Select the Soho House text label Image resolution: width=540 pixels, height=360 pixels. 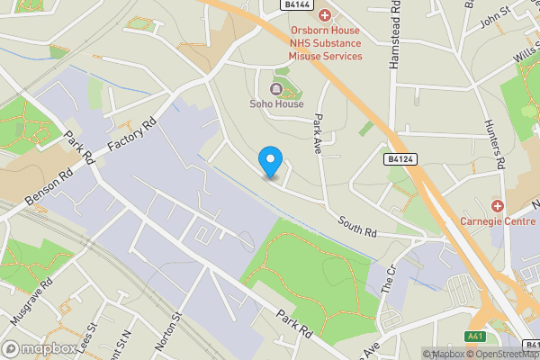pos(276,103)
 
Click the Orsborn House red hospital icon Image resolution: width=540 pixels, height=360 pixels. pos(325,15)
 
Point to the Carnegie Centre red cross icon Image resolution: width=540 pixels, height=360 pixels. pos(497,206)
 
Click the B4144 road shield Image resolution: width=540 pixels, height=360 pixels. pos(297,4)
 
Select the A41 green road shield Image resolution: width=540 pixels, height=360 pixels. pos(476,337)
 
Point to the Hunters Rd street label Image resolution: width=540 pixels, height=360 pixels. pos(497,143)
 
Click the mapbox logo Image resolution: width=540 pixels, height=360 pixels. pos(39,348)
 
